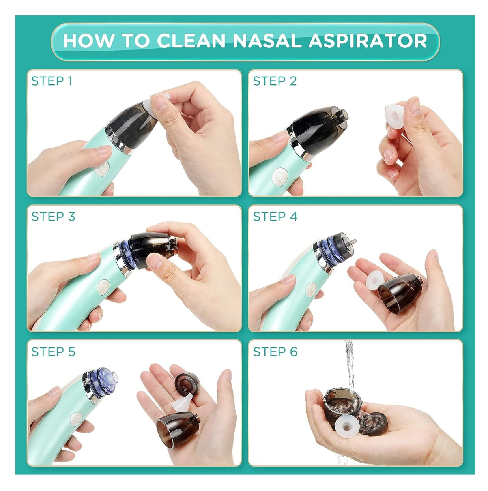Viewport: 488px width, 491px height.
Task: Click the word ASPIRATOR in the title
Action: click(368, 41)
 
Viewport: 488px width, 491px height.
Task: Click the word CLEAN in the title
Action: click(191, 41)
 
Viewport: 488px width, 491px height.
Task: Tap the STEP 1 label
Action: click(52, 81)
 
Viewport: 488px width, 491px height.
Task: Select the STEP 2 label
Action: click(275, 81)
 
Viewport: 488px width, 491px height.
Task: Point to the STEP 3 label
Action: click(53, 217)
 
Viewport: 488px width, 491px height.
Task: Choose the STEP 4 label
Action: click(275, 217)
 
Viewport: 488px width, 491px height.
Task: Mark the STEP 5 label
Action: click(53, 352)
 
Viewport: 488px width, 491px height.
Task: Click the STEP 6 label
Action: click(275, 352)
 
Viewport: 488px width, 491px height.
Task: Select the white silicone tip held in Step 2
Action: click(395, 116)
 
